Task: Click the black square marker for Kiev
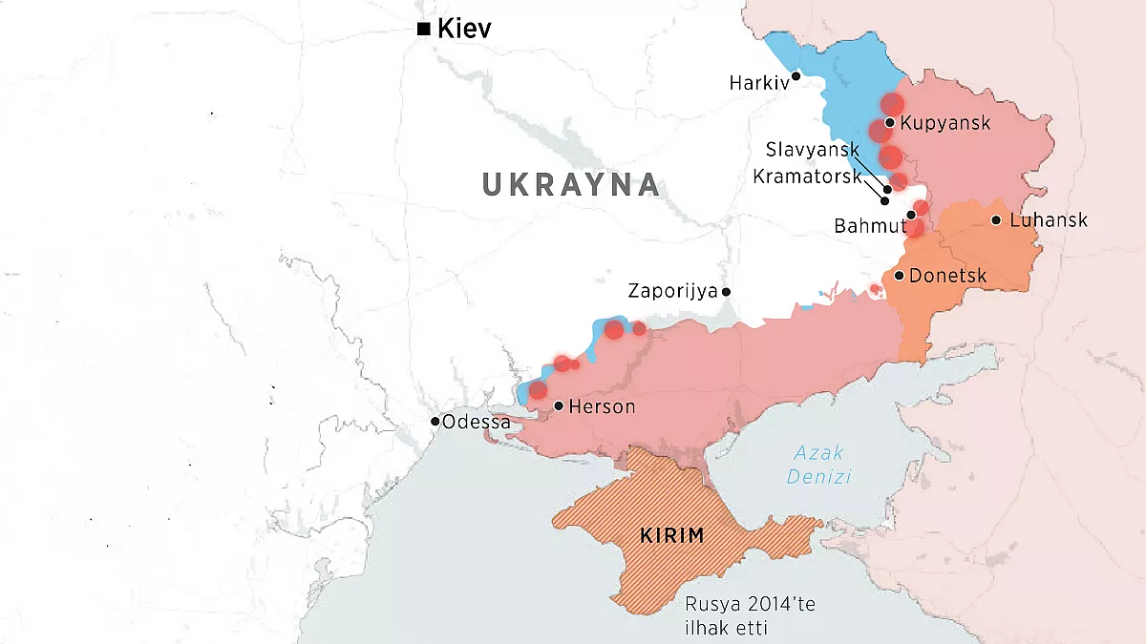[423, 30]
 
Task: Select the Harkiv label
[759, 83]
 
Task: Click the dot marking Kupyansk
[889, 122]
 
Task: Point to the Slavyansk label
[813, 150]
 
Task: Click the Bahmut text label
[869, 226]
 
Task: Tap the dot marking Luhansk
[996, 220]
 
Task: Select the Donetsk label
[947, 276]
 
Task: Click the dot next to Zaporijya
[727, 291]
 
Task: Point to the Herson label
[602, 406]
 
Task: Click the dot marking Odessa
[435, 421]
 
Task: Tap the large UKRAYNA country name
[571, 184]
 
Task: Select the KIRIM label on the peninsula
[672, 535]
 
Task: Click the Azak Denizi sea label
[818, 465]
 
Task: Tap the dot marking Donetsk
[899, 276]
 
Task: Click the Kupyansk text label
[945, 123]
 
